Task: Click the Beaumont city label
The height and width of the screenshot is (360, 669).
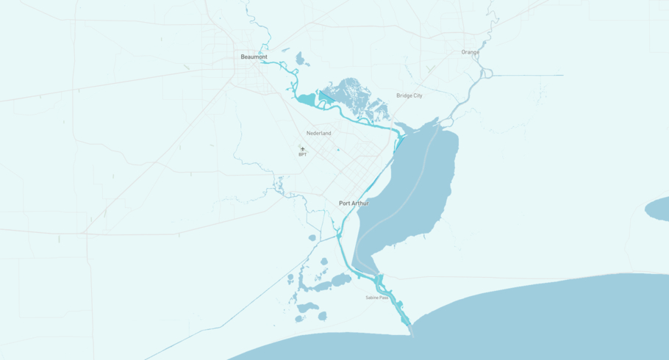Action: pos(254,57)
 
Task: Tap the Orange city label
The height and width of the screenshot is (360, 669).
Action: pos(470,52)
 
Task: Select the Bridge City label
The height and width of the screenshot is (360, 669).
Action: pos(409,96)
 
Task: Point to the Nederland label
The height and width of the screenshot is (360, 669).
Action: pos(318,133)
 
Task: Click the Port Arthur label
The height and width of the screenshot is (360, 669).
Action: pos(354,203)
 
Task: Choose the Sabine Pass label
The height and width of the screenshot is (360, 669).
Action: pos(376,298)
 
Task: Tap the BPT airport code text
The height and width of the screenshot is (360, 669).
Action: pos(302,155)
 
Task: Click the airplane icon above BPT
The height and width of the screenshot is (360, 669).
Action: pos(302,149)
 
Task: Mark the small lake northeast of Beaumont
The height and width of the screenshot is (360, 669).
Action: pos(299,58)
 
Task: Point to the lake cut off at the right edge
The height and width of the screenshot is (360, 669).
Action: pos(659,209)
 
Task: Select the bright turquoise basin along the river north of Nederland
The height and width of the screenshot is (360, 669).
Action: pos(306,98)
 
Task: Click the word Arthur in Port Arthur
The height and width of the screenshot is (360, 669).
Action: pos(359,203)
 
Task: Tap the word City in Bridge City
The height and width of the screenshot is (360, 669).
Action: pos(417,96)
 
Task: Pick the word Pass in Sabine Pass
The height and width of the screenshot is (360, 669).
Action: pos(383,298)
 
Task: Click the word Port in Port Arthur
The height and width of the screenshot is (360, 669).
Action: pos(344,203)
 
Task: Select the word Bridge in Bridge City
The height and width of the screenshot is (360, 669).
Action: pos(404,96)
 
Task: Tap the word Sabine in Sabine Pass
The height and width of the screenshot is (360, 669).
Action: pos(372,298)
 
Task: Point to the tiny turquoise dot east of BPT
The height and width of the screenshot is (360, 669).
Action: pos(338,150)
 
